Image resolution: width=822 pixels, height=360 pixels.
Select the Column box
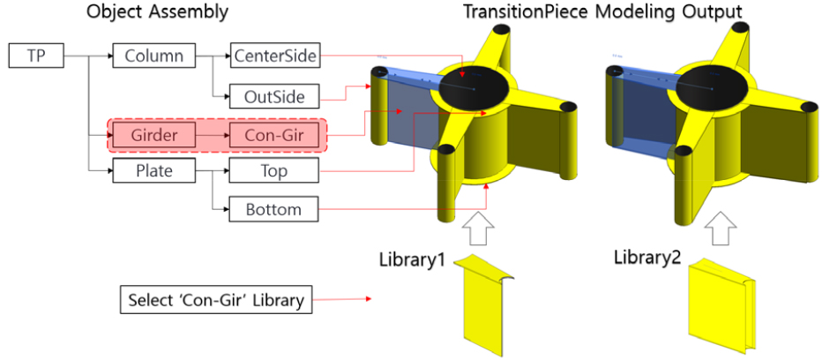154,56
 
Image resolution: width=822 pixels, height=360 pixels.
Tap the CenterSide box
275,56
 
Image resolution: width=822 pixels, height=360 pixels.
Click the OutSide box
275,96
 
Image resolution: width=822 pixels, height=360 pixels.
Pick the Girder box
154,135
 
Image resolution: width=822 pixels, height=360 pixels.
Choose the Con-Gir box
275,135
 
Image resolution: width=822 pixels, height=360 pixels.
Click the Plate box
154,170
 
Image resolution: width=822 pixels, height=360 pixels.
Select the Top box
275,170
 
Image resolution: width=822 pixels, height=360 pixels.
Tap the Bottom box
275,210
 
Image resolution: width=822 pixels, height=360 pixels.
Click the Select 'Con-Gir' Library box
216,300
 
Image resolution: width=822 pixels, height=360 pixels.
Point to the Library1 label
412,259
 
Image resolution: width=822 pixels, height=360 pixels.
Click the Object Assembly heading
157,12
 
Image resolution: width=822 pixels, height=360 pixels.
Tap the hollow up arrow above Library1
479,228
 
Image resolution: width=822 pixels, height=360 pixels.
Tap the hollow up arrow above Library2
721,228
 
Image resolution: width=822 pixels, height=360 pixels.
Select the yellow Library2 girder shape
721,305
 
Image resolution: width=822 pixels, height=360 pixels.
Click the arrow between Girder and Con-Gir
213,135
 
